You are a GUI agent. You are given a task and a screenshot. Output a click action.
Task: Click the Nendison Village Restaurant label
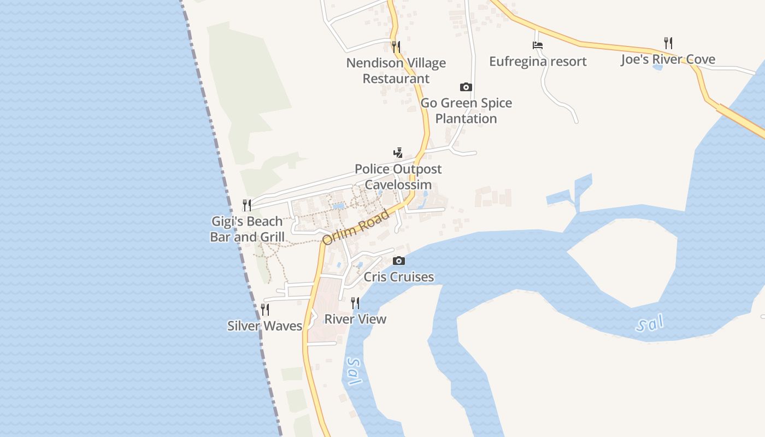point(396,71)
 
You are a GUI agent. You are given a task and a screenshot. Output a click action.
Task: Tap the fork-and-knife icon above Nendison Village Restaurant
point(396,47)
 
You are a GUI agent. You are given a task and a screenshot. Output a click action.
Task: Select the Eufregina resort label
point(538,61)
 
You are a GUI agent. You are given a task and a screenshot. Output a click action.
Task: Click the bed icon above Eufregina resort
point(538,45)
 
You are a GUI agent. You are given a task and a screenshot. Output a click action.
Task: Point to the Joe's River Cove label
point(668,60)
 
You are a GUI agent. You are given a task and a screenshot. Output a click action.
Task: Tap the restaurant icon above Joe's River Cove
point(668,43)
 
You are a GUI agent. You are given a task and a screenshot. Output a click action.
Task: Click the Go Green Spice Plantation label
point(466,110)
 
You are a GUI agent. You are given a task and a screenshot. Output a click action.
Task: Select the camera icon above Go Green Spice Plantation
point(466,87)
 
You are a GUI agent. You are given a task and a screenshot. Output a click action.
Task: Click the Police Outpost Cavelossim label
point(398,177)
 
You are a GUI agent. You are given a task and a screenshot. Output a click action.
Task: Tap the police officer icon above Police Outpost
point(398,153)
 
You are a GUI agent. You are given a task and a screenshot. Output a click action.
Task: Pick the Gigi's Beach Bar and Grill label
point(247,229)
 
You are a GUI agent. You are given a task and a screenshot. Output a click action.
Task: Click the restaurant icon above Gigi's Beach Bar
point(247,205)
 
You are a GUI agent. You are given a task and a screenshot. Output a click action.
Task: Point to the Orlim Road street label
point(356,227)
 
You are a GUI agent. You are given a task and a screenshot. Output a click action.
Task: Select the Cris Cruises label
point(399,277)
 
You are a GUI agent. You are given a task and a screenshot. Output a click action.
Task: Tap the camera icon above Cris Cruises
point(399,261)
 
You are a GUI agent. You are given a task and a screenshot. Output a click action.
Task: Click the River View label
point(355,319)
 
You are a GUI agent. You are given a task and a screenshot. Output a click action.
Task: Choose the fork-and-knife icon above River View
point(355,303)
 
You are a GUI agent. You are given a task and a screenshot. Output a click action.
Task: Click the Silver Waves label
point(264,326)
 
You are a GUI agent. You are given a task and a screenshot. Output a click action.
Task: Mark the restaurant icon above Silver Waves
point(265,310)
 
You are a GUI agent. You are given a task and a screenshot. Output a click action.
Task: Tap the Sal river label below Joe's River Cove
point(650,324)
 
